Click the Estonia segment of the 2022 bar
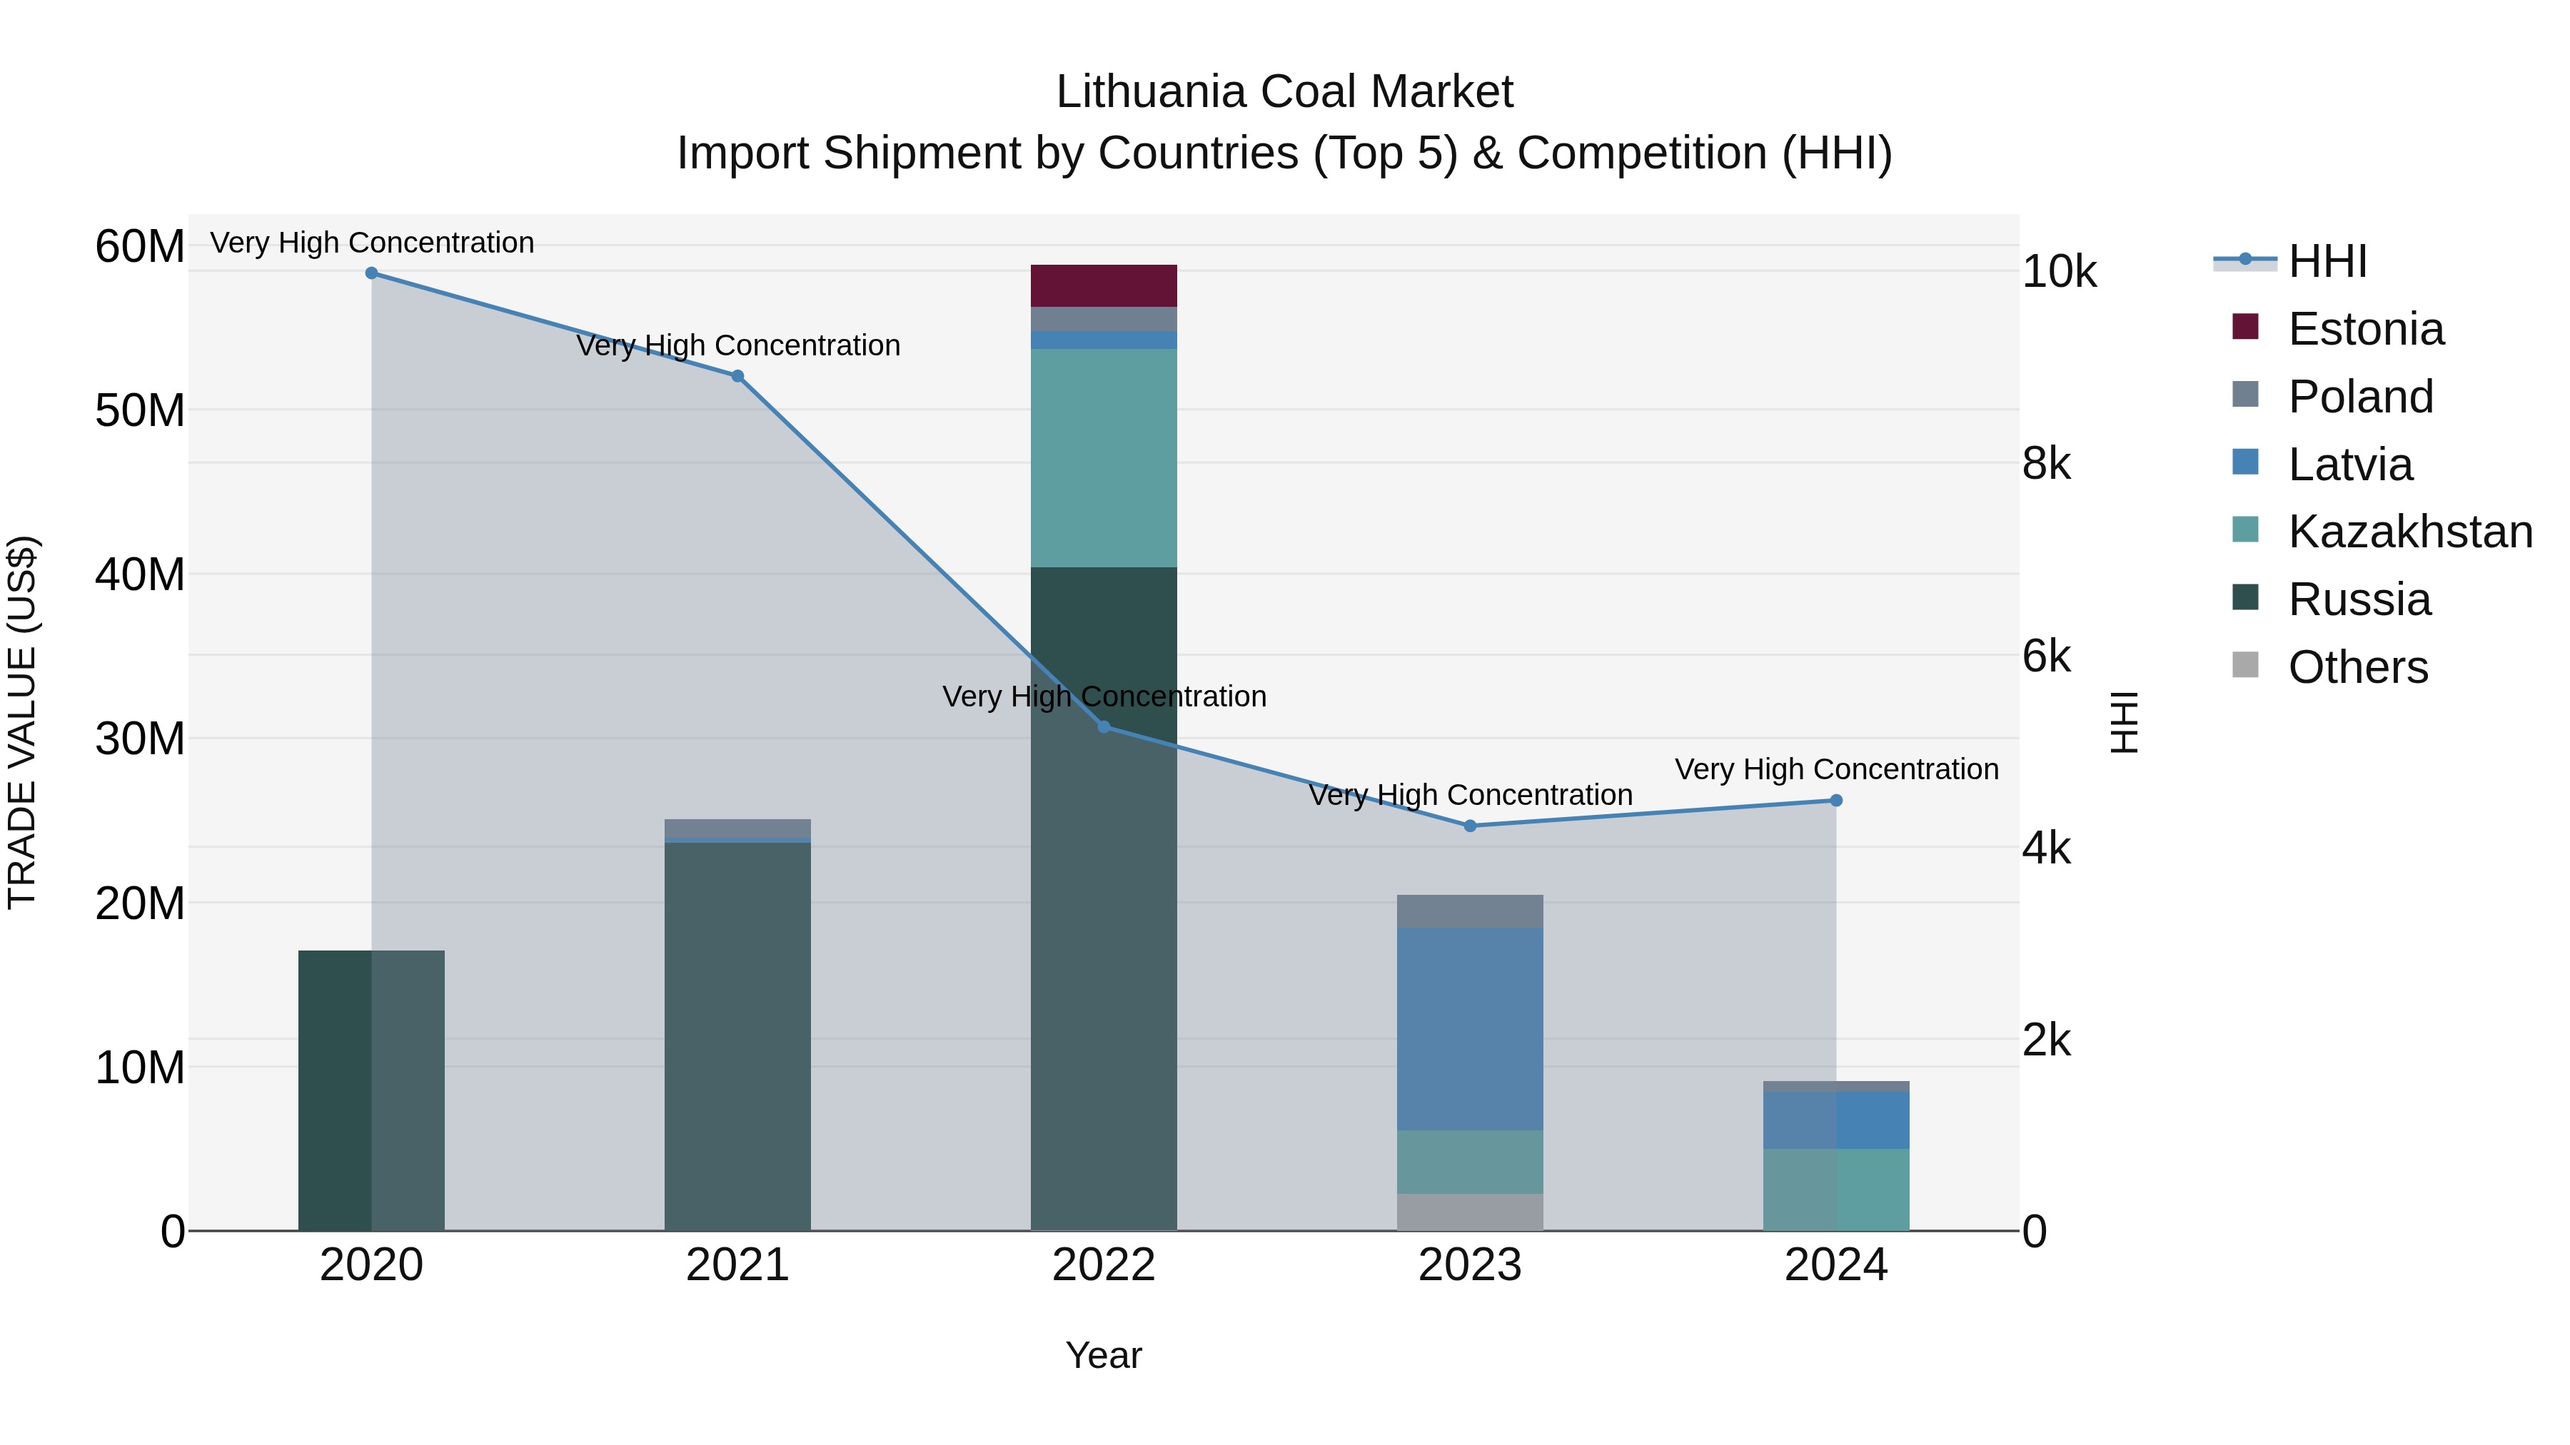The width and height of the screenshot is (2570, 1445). tap(1104, 285)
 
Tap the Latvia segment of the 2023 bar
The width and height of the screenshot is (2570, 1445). tap(1470, 1028)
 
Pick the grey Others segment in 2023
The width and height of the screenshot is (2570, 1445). tap(1470, 1212)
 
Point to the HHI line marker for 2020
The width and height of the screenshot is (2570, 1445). tap(371, 273)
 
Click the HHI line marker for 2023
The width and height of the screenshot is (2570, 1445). tap(1470, 826)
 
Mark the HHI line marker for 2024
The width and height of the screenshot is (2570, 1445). tap(1835, 801)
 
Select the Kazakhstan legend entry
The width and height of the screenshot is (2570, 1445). tap(2409, 532)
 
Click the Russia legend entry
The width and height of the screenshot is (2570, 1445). tap(2359, 599)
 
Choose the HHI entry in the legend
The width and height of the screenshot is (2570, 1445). tap(2327, 261)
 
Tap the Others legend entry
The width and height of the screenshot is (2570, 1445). tap(2357, 667)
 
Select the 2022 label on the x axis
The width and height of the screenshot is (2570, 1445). tap(1104, 1265)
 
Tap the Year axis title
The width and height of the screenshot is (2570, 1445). tap(1104, 1355)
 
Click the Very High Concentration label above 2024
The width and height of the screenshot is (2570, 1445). tap(1835, 770)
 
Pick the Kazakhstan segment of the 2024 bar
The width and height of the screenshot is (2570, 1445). tap(1835, 1189)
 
